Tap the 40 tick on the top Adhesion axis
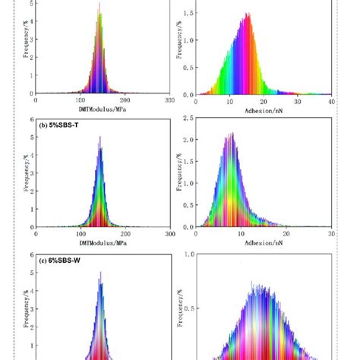(331, 101)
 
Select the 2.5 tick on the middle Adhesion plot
(186, 118)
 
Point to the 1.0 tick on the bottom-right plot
(186, 255)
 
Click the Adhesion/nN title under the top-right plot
(263, 110)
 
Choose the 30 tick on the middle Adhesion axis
(331, 234)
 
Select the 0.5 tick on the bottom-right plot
(186, 309)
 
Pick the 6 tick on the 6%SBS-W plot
(30, 256)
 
